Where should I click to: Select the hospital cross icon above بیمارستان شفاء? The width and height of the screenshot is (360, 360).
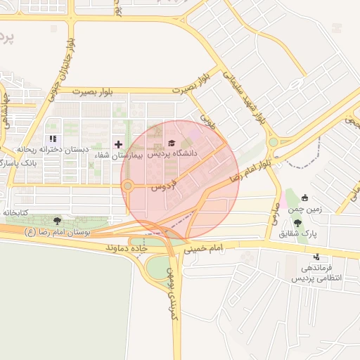pyautogui.click(x=118, y=143)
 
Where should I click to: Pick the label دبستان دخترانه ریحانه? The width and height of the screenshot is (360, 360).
pyautogui.click(x=51, y=149)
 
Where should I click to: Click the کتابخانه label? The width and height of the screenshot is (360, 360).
pyautogui.click(x=15, y=212)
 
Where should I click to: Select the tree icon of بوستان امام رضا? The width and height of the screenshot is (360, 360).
pyautogui.click(x=56, y=221)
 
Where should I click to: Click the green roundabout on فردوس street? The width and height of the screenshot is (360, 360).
pyautogui.click(x=128, y=186)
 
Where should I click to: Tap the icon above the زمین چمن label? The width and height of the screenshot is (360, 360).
pyautogui.click(x=304, y=198)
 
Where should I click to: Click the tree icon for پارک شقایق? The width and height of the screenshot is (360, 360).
pyautogui.click(x=297, y=223)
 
